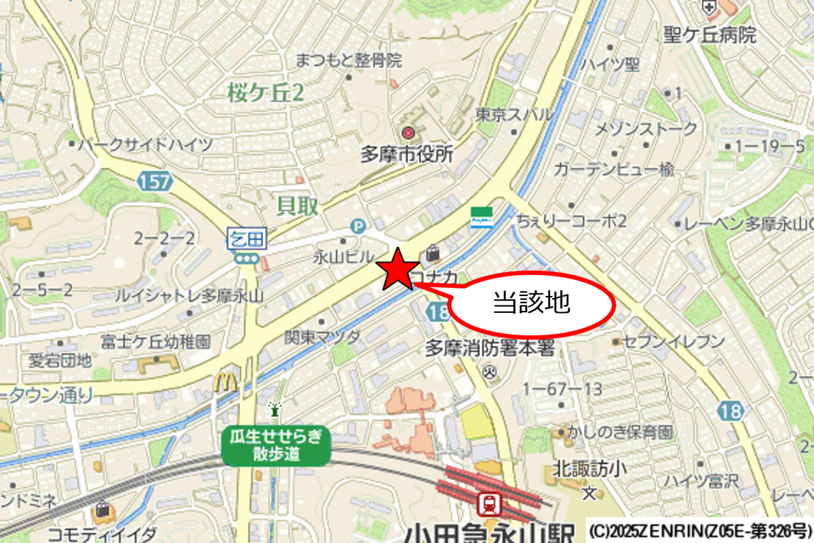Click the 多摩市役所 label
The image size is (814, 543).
pyautogui.click(x=406, y=154)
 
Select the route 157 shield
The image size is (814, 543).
pyautogui.click(x=155, y=181)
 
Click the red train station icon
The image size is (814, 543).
pyautogui.click(x=489, y=504)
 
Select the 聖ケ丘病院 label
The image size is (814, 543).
pyautogui.click(x=710, y=35)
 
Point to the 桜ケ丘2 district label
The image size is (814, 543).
pyautogui.click(x=265, y=94)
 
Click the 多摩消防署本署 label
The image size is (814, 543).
pyautogui.click(x=490, y=349)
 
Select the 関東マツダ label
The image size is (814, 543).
pyautogui.click(x=323, y=335)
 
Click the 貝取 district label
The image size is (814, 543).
pyautogui.click(x=298, y=206)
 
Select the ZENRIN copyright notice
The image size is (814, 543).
pyautogui.click(x=699, y=529)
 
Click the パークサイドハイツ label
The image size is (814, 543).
pyautogui.click(x=145, y=145)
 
